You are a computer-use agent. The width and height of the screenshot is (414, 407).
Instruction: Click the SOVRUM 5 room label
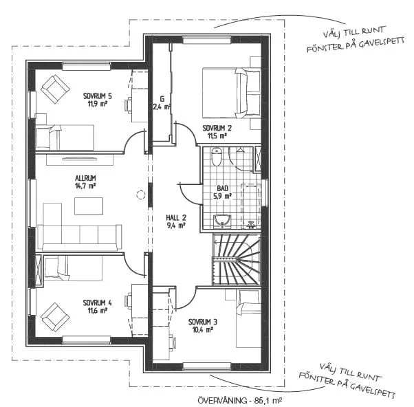(98, 96)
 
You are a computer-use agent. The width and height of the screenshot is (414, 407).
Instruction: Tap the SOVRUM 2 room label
(217, 129)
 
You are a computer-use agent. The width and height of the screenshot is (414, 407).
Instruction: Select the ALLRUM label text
(85, 178)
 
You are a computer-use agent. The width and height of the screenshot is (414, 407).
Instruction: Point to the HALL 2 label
(176, 218)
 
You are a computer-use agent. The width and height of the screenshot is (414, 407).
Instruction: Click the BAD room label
(223, 188)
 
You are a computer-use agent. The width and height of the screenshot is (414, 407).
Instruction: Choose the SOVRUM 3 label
(203, 322)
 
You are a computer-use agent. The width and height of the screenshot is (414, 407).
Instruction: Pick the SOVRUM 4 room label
(98, 302)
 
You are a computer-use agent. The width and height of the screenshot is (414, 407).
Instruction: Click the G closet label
(162, 99)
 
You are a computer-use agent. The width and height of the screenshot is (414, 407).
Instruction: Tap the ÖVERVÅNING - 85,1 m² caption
(240, 400)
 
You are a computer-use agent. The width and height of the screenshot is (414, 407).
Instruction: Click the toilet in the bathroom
(216, 156)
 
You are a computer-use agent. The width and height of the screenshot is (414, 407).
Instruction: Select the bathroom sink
(222, 221)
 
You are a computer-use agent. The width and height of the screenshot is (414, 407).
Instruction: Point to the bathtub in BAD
(251, 206)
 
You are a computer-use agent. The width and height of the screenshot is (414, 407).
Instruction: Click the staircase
(237, 260)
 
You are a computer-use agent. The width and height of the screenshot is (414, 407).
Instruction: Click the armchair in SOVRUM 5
(55, 89)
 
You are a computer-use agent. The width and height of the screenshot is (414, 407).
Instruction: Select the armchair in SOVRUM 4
(55, 317)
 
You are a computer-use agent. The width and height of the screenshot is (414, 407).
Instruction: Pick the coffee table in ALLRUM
(89, 206)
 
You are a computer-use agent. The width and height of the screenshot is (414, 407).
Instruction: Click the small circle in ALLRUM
(141, 195)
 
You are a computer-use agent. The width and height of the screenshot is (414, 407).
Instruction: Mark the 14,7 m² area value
(85, 186)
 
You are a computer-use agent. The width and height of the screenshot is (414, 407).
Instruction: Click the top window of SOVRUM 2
(207, 40)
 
